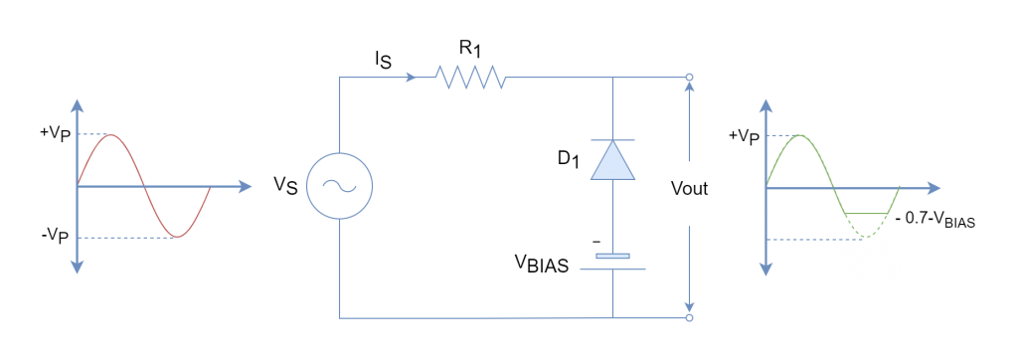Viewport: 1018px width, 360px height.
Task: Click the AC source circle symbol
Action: point(339,186)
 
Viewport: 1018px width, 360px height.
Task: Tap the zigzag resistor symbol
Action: point(470,77)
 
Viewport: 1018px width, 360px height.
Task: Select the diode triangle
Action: point(612,161)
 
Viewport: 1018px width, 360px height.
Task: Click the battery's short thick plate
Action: point(612,257)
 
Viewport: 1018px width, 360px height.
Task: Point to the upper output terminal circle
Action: point(689,77)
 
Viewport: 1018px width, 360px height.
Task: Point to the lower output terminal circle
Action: point(689,318)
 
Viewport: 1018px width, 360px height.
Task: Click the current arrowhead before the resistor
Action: point(411,77)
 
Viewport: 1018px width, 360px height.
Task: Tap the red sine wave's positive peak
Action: point(111,134)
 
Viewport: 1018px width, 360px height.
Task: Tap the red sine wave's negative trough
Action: point(177,237)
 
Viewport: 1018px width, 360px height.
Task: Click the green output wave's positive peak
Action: point(800,135)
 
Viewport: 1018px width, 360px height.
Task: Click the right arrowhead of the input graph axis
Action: point(244,186)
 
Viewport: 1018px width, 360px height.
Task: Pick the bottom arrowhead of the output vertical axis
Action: point(766,270)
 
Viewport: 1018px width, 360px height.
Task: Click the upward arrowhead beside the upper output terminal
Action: point(689,88)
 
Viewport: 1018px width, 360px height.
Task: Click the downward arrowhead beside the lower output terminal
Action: point(689,305)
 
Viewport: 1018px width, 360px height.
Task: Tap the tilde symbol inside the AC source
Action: point(339,186)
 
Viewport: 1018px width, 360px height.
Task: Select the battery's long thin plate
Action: point(612,270)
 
